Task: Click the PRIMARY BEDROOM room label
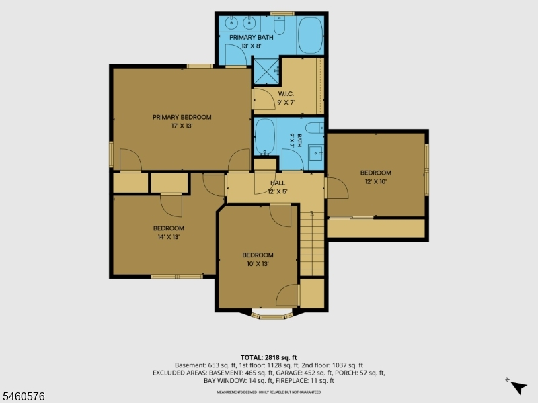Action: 182,117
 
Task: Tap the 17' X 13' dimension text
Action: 182,126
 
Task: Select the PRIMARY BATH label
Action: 252,38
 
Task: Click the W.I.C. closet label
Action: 286,94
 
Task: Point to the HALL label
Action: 278,183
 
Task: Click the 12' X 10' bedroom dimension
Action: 376,181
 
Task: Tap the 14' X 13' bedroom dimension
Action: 169,237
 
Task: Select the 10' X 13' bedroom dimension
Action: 258,263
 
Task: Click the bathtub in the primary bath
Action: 311,36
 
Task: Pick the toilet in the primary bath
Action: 279,26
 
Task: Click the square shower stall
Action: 266,71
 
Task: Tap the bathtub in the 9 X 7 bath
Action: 265,136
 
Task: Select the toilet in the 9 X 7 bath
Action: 315,128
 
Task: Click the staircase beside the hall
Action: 312,244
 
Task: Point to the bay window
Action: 272,315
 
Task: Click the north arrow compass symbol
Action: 518,388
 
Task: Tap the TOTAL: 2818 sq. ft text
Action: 268,358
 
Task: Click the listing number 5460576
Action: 23,396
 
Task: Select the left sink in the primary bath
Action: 231,24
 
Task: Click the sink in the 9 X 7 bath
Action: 315,153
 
